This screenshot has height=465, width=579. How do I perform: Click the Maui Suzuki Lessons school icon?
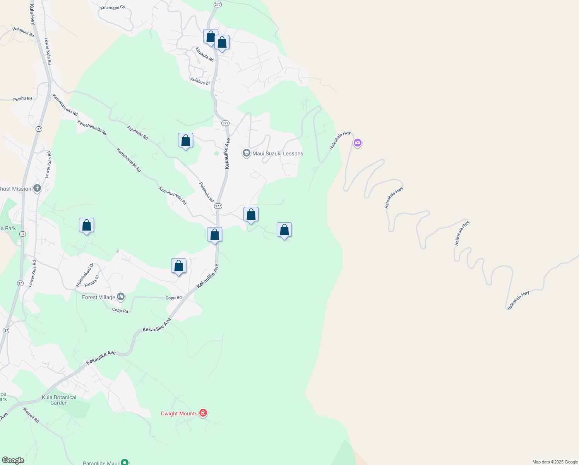coord(246,153)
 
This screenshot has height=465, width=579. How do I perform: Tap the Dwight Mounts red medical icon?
coord(203,413)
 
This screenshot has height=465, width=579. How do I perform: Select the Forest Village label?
coord(99,297)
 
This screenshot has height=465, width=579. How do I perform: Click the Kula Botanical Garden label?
coord(59,400)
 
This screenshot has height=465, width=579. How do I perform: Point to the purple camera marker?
coord(358,143)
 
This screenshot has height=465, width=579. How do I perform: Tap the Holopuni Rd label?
coord(23,32)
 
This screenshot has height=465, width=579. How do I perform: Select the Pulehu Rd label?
coord(22,99)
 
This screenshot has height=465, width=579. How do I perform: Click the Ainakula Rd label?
coord(204,54)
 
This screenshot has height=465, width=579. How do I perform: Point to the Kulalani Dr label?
coord(200,81)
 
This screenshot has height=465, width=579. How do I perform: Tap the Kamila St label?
coord(92,281)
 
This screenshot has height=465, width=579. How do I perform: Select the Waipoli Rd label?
coord(31,415)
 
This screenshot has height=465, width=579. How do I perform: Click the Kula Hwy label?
coord(33,15)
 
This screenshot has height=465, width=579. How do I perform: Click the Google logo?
coord(13,460)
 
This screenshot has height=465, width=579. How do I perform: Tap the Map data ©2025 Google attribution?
coord(555,462)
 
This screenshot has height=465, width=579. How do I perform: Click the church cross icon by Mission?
coord(37,189)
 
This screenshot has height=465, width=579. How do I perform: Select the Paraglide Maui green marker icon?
coord(124,462)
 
